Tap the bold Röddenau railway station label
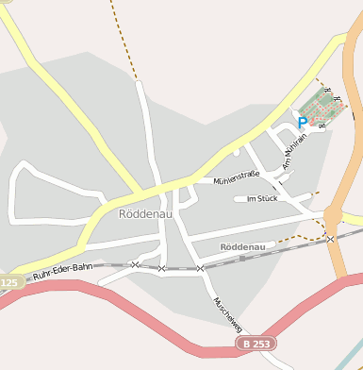(243, 246)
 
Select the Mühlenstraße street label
(236, 177)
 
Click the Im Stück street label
(261, 199)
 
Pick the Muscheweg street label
(229, 313)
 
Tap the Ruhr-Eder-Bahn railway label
(62, 273)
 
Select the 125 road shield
(8, 283)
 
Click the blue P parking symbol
(302, 122)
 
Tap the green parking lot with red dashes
(323, 107)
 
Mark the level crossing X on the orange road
(330, 239)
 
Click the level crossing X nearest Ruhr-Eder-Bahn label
(135, 264)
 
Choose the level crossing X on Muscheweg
(200, 269)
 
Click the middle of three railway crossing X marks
(161, 269)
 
